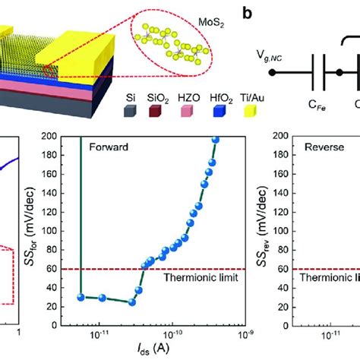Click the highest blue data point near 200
pos(215,139)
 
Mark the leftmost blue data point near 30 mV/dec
pos(81,296)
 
